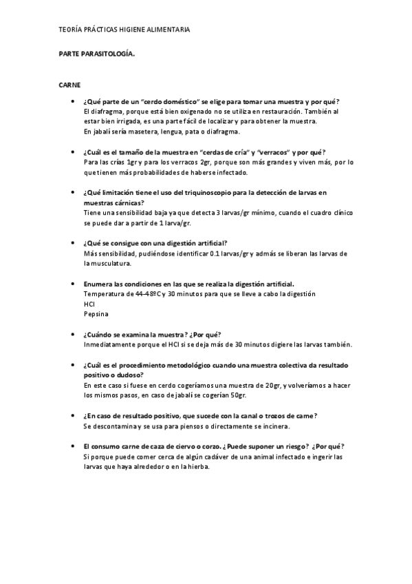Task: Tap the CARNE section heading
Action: click(70, 85)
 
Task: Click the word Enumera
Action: click(99, 284)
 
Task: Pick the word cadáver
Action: click(221, 457)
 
